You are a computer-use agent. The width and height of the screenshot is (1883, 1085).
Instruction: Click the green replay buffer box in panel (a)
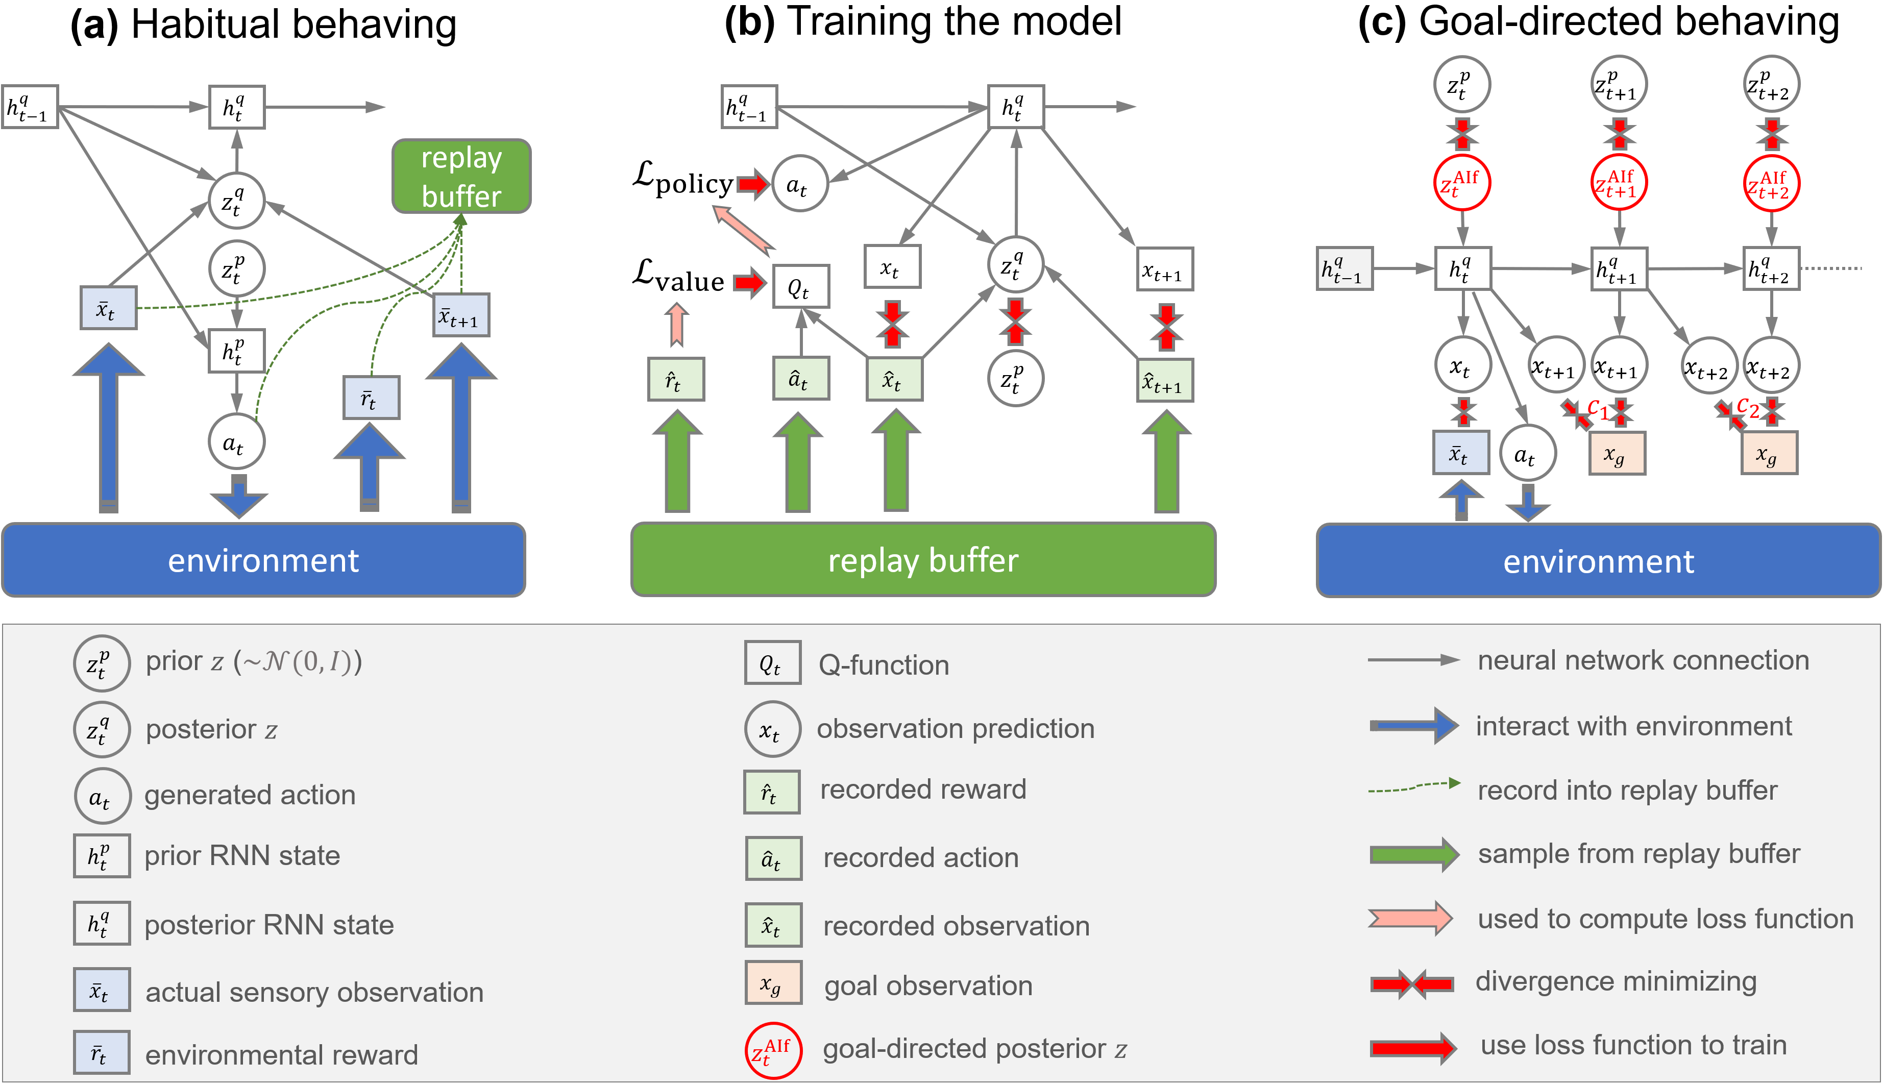(461, 177)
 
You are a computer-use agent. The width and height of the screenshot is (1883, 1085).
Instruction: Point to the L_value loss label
(678, 277)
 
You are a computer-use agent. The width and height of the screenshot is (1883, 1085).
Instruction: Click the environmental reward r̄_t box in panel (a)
(371, 398)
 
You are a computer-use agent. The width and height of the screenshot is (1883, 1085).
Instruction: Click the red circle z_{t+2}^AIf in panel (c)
(1771, 183)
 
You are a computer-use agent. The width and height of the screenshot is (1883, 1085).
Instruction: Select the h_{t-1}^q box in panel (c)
(1343, 269)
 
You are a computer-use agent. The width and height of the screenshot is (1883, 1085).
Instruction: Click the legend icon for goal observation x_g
(773, 983)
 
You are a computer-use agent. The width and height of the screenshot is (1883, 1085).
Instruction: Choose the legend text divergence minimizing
(1616, 981)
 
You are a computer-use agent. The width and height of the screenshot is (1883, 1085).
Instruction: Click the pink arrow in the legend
(1410, 918)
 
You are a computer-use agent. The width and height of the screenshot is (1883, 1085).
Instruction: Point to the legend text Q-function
(883, 664)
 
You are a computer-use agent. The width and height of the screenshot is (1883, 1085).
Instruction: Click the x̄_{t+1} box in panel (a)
(461, 315)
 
